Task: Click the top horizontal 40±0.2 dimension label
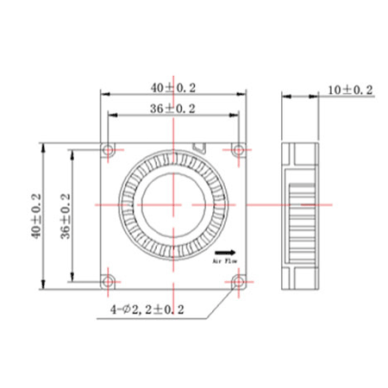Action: point(173,88)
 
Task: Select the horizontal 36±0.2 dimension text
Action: point(172,109)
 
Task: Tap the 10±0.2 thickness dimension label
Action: point(350,91)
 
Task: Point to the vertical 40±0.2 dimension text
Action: point(36,216)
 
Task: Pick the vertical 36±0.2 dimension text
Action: point(66,216)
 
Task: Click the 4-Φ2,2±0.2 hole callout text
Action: point(147,310)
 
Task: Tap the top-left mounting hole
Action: point(109,150)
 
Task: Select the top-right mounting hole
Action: point(239,150)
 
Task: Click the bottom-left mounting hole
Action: point(109,282)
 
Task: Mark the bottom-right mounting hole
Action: point(239,282)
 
